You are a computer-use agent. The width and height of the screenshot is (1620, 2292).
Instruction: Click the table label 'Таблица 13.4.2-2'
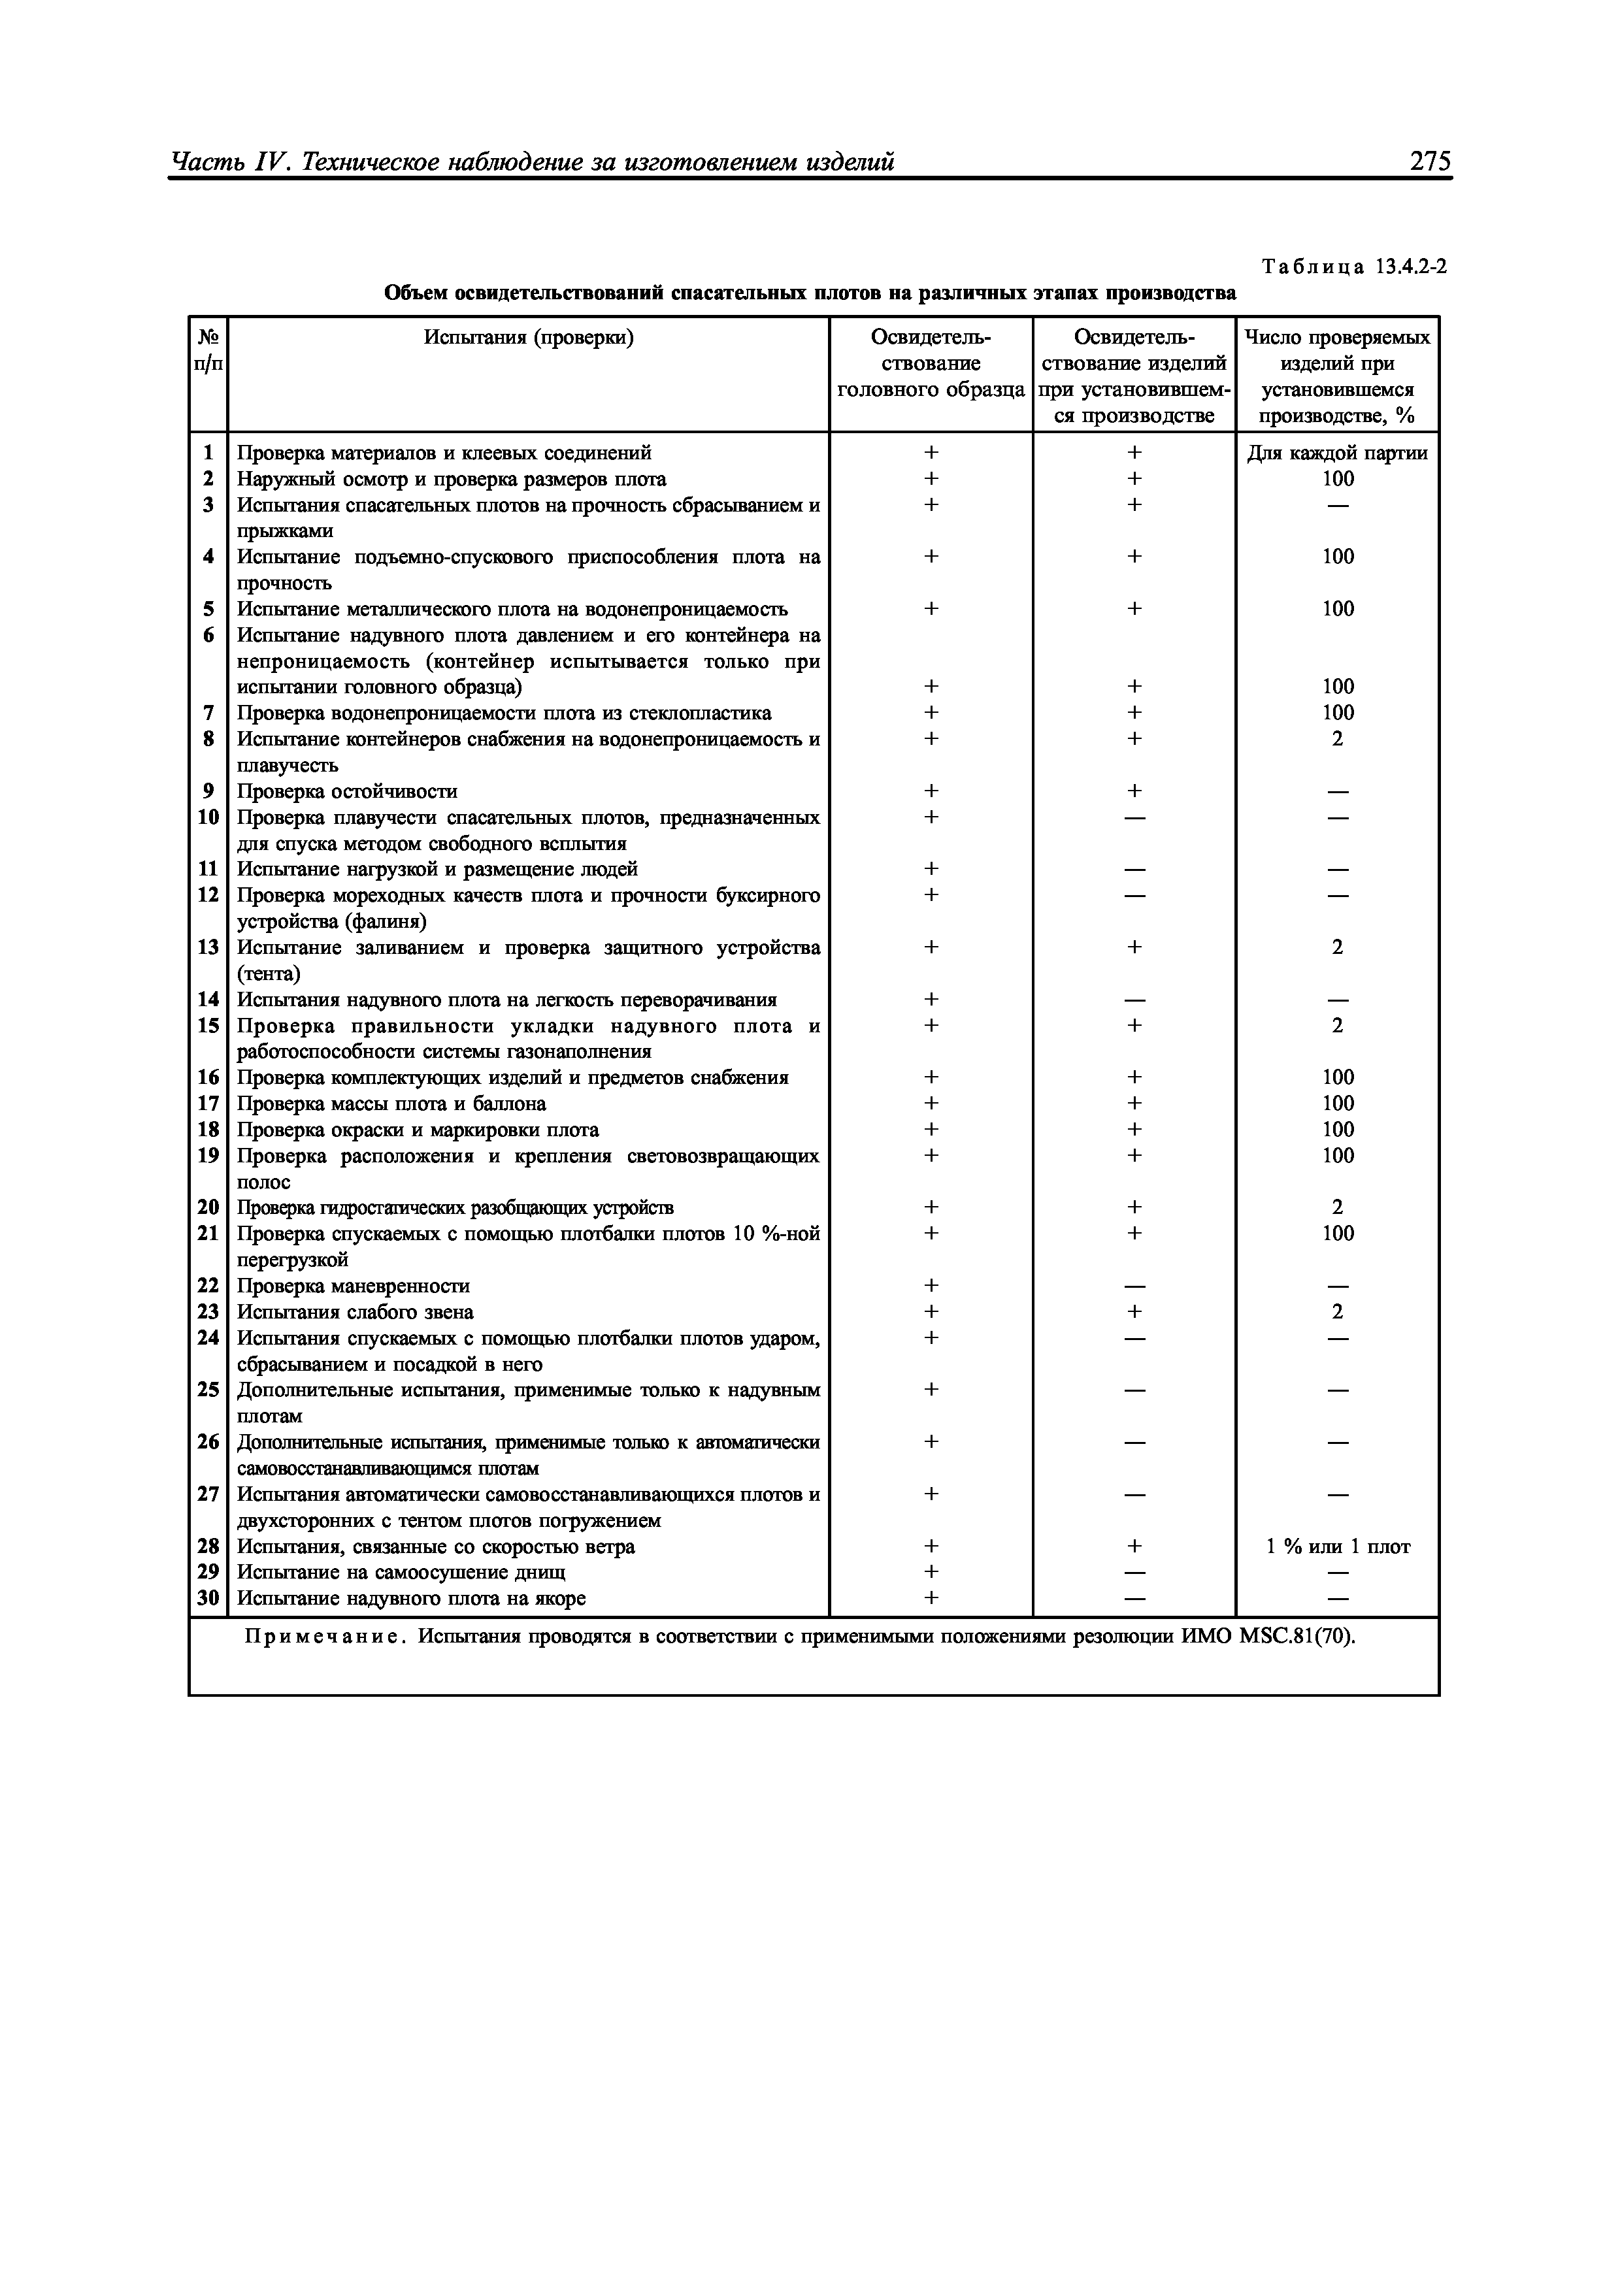1353,267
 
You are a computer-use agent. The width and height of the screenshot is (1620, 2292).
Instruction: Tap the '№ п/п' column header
208,350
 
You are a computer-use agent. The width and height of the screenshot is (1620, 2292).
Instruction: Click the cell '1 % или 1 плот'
1338,1547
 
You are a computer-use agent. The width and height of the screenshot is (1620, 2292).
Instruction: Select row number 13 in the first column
208,946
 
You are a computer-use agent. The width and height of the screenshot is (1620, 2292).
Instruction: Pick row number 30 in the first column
208,1598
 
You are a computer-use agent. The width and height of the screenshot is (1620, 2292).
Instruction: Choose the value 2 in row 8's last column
1338,739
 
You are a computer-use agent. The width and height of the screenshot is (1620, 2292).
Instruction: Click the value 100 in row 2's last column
1338,479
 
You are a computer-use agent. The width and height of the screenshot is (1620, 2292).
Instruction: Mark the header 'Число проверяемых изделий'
1338,350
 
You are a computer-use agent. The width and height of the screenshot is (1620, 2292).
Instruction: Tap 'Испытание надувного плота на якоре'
410,1598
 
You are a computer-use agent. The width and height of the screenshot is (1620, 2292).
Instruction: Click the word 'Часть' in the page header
205,162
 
